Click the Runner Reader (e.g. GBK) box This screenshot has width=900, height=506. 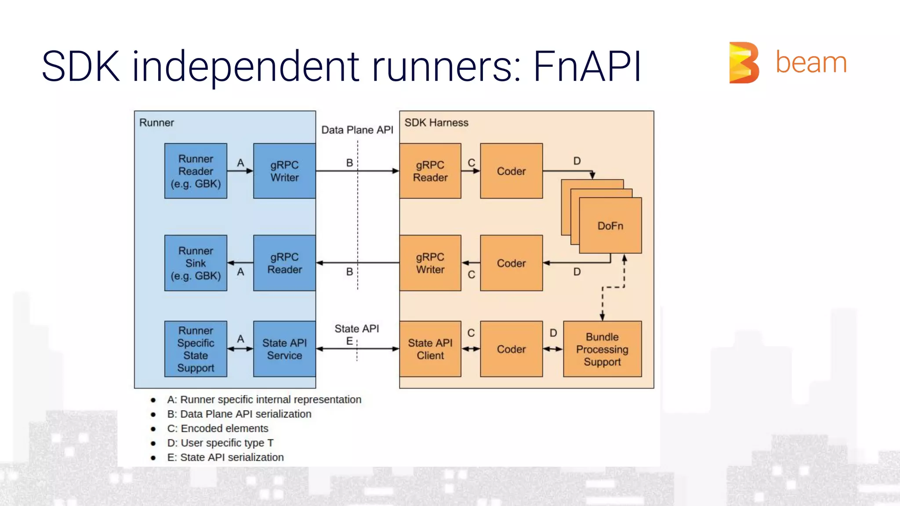tap(196, 171)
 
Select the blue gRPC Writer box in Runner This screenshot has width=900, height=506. tap(284, 171)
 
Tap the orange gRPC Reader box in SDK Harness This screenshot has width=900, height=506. tap(430, 171)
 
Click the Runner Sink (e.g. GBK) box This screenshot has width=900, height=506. tap(196, 263)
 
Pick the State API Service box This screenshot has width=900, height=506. tap(284, 349)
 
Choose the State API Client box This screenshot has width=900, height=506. tap(430, 349)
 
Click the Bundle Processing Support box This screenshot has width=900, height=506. tap(602, 349)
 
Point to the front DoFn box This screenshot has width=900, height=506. tap(610, 226)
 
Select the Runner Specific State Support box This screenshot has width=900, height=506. tap(196, 349)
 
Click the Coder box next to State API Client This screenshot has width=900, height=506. tap(511, 349)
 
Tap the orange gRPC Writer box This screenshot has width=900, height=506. tap(430, 263)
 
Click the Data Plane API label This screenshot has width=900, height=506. tap(357, 130)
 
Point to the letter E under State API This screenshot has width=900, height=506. tap(349, 341)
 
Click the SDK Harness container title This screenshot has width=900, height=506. tap(436, 123)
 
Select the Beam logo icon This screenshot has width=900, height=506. tap(744, 62)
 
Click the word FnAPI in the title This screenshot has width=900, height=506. tap(587, 67)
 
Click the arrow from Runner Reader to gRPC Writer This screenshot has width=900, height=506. tap(240, 171)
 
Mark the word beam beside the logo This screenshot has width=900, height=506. tap(811, 62)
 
